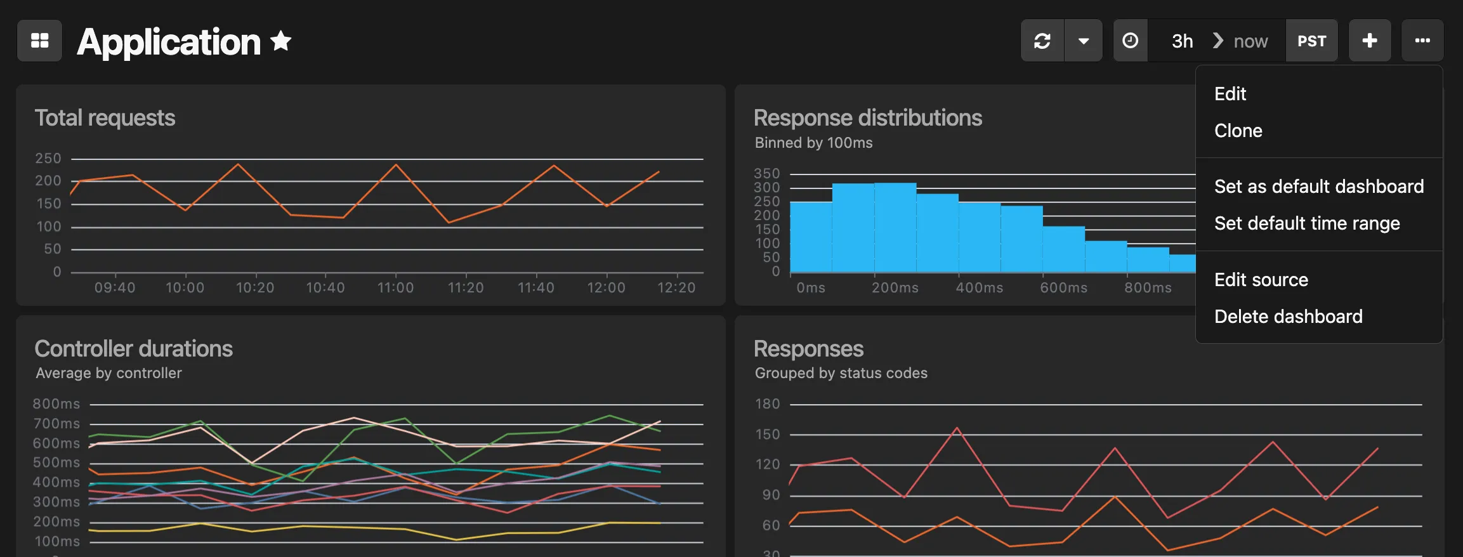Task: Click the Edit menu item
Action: pyautogui.click(x=1230, y=94)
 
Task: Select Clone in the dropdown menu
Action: pyautogui.click(x=1238, y=131)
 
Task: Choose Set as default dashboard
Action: pyautogui.click(x=1318, y=187)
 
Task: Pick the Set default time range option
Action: pyautogui.click(x=1306, y=223)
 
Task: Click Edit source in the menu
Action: pyautogui.click(x=1261, y=280)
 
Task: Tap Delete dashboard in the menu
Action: pyautogui.click(x=1288, y=317)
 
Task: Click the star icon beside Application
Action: pyautogui.click(x=280, y=41)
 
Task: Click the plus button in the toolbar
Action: pyautogui.click(x=1369, y=41)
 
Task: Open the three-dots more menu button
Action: pyautogui.click(x=1422, y=41)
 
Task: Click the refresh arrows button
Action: pyautogui.click(x=1042, y=41)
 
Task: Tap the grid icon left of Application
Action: pyautogui.click(x=39, y=41)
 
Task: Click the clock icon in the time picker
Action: pyautogui.click(x=1130, y=41)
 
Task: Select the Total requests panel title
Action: pyautogui.click(x=105, y=118)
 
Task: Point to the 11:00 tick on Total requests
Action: pyautogui.click(x=395, y=288)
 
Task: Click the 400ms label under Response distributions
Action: pyautogui.click(x=979, y=288)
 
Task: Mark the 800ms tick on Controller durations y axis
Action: pyautogui.click(x=56, y=404)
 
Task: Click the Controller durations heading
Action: pyautogui.click(x=133, y=349)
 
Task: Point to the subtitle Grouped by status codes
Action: pyautogui.click(x=841, y=373)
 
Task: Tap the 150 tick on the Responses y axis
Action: pyautogui.click(x=767, y=435)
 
